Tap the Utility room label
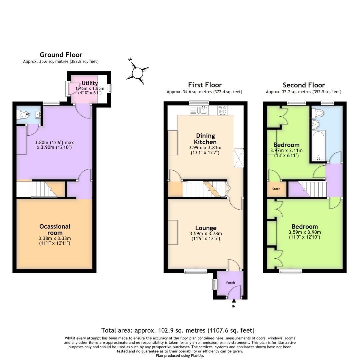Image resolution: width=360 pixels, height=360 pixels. [90, 83]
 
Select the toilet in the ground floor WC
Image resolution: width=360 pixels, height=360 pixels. [23, 115]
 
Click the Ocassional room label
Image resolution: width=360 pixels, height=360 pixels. [55, 230]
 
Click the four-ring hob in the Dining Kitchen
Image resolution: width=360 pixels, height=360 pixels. [222, 110]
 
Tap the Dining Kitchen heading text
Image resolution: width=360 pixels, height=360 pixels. [206, 139]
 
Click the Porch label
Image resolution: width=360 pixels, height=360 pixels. [230, 283]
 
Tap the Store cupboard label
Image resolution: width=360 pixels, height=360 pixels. [276, 189]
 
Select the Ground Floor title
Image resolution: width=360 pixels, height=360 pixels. [61, 55]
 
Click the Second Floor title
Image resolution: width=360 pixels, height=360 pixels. [303, 85]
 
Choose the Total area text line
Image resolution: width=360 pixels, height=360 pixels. [178, 330]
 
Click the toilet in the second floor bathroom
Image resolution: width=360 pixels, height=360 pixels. [318, 113]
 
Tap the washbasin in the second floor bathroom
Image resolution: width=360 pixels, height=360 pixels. [315, 125]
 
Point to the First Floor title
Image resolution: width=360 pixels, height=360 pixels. [205, 85]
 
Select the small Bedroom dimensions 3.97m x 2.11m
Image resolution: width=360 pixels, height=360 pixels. [286, 150]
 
